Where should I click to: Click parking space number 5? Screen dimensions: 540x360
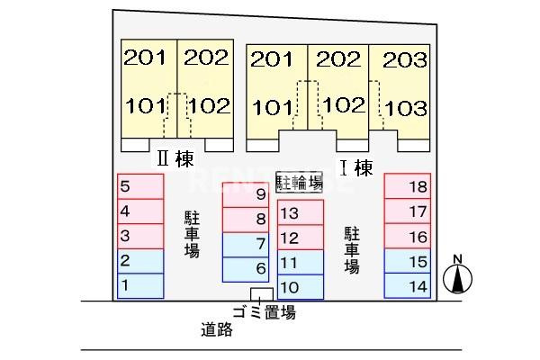tap(140, 186)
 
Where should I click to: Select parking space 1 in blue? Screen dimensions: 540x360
tap(140, 285)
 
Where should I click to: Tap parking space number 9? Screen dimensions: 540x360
tap(246, 194)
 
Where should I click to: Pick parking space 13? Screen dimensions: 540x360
tap(301, 212)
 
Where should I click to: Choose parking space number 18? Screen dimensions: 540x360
tap(408, 186)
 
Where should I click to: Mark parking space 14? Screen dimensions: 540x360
tap(408, 285)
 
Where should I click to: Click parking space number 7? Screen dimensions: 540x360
tap(246, 245)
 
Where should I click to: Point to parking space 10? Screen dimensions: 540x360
tap(301, 287)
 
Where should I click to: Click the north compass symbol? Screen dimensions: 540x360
tap(457, 275)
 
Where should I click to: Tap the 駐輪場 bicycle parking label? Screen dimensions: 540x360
tap(300, 182)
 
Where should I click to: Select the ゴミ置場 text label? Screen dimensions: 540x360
tap(264, 312)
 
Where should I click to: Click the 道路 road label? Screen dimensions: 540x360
tap(217, 329)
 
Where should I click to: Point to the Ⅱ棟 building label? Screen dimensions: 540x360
tap(175, 158)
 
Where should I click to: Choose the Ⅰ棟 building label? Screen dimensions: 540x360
tap(356, 167)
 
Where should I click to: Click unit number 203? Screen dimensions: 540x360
tap(405, 60)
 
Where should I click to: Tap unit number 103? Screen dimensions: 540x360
tap(406, 108)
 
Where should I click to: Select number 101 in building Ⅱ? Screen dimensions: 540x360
tap(145, 105)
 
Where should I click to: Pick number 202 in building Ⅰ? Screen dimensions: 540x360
tap(338, 59)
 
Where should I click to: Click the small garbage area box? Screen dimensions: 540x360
tap(262, 294)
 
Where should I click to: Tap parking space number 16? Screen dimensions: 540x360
tap(408, 237)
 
